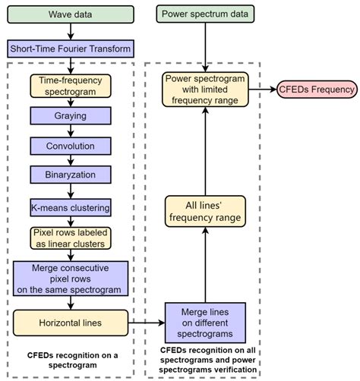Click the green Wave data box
(70, 14)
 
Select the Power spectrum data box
(205, 14)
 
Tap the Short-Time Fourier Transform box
(70, 49)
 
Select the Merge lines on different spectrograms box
(205, 323)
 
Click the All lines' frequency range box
(205, 210)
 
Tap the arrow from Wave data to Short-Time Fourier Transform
(70, 32)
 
